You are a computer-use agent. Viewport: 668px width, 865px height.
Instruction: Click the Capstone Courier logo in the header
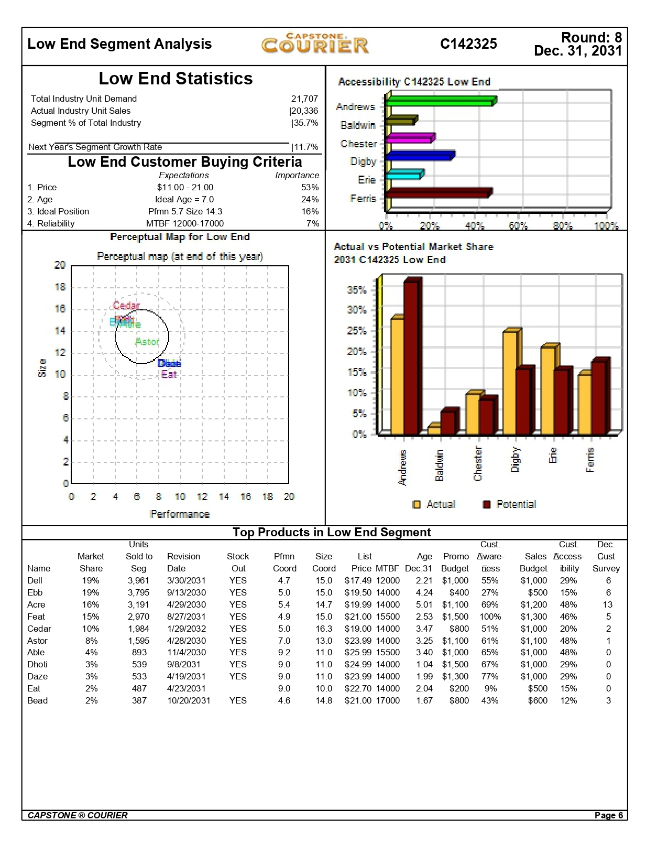315,44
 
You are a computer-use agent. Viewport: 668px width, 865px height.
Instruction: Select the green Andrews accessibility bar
440,101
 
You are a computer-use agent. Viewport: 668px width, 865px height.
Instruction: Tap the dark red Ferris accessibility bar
437,193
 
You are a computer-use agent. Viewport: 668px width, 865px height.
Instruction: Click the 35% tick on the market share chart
356,290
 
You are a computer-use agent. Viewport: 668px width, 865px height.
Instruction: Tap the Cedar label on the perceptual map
126,306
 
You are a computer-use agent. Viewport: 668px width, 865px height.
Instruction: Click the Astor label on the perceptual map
147,342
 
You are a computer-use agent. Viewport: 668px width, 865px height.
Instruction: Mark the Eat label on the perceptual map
169,374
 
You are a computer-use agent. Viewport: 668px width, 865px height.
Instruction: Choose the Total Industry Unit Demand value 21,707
304,99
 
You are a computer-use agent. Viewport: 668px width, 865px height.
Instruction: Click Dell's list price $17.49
358,580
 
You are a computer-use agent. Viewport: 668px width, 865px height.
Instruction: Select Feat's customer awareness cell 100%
490,617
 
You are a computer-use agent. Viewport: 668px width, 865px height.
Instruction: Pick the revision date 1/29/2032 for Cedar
186,629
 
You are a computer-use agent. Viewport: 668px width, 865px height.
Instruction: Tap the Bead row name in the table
37,700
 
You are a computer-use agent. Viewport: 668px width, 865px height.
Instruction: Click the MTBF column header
387,568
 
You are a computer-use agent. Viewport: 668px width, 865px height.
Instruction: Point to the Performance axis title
180,514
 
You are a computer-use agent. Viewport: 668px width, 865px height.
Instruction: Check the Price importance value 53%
310,187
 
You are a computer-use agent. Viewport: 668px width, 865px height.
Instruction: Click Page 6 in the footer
608,815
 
